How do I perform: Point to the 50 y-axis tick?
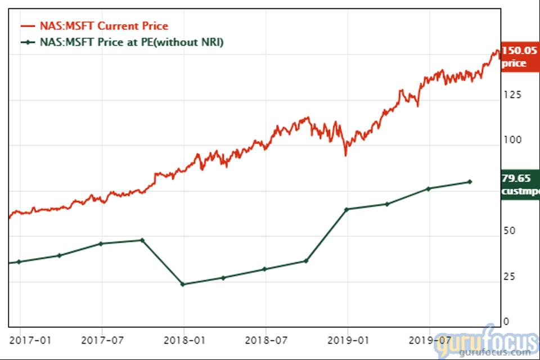click(x=509, y=231)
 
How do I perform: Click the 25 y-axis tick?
click(x=509, y=277)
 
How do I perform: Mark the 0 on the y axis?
click(x=506, y=322)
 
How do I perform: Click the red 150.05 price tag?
click(x=518, y=57)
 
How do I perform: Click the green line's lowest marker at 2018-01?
click(x=182, y=284)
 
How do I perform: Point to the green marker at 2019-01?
click(x=347, y=209)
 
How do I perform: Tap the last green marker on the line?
click(x=470, y=182)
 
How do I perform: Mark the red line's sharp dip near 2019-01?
click(x=345, y=154)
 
